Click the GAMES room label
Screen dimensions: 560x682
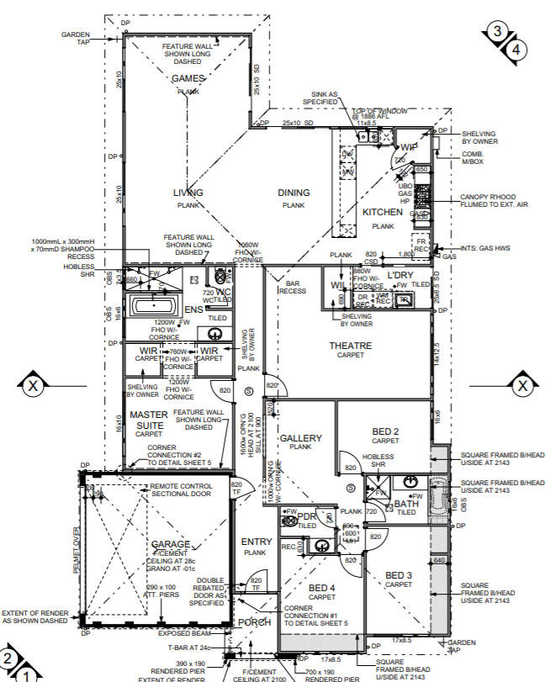(188, 79)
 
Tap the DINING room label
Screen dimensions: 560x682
(293, 193)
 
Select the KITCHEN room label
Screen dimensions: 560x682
(383, 214)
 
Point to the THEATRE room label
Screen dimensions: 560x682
(350, 346)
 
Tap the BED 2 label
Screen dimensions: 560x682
(385, 431)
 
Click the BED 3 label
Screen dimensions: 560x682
(399, 575)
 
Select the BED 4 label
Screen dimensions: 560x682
(321, 587)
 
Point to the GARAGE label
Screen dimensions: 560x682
(171, 544)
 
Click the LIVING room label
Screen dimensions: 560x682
(188, 193)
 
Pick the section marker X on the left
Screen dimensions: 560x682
(33, 386)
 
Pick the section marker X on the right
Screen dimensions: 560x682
(523, 386)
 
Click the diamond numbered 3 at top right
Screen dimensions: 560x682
(498, 32)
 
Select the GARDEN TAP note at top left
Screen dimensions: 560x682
(77, 39)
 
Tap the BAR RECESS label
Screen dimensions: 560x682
(292, 287)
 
